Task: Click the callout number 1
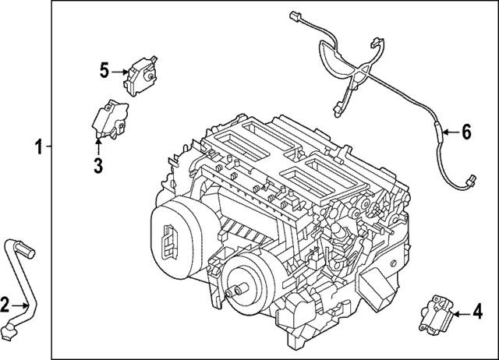pos(37,146)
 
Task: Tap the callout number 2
pos(5,305)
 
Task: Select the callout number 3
pos(98,165)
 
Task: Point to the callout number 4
pos(477,313)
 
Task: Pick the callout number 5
pos(104,71)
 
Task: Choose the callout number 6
pos(466,132)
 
